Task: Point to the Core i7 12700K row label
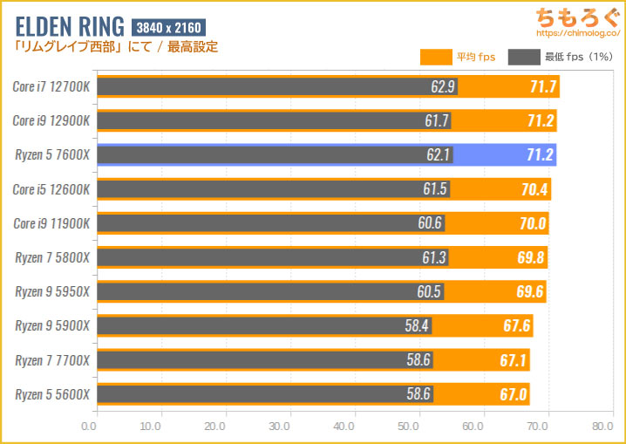coord(51,86)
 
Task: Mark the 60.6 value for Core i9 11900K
coord(429,223)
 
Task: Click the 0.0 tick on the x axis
coord(89,427)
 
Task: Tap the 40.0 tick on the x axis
coord(345,427)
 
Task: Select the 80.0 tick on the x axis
coord(602,427)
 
